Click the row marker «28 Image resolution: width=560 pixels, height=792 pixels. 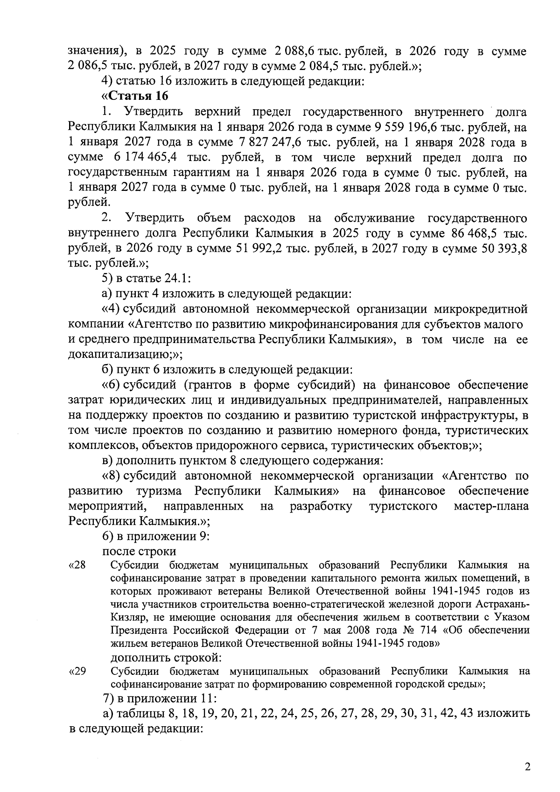pyautogui.click(x=77, y=566)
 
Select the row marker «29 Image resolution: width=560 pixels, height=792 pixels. pyautogui.click(x=77, y=672)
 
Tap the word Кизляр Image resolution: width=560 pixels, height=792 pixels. pyautogui.click(x=126, y=617)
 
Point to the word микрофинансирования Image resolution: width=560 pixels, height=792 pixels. pyautogui.click(x=333, y=324)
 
